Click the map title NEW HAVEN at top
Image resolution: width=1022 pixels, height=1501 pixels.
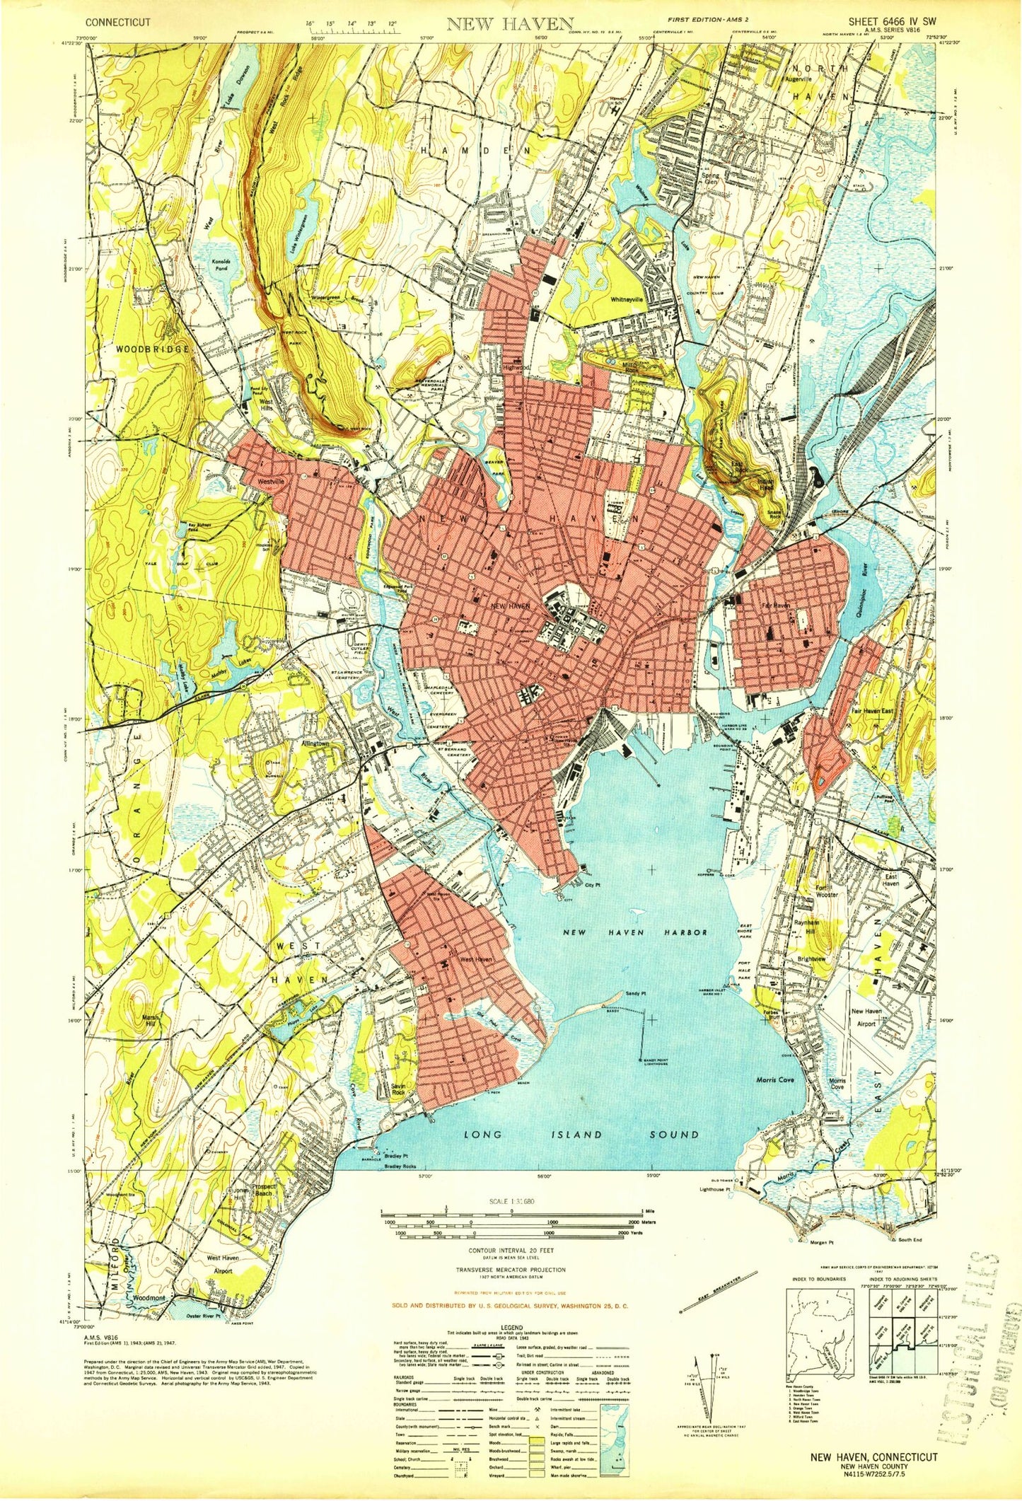(x=510, y=24)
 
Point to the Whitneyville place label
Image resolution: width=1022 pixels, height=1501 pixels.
(x=627, y=299)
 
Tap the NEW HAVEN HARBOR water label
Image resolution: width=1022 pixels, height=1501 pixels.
(x=634, y=932)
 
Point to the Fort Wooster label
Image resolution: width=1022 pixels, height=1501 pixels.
(x=827, y=891)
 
